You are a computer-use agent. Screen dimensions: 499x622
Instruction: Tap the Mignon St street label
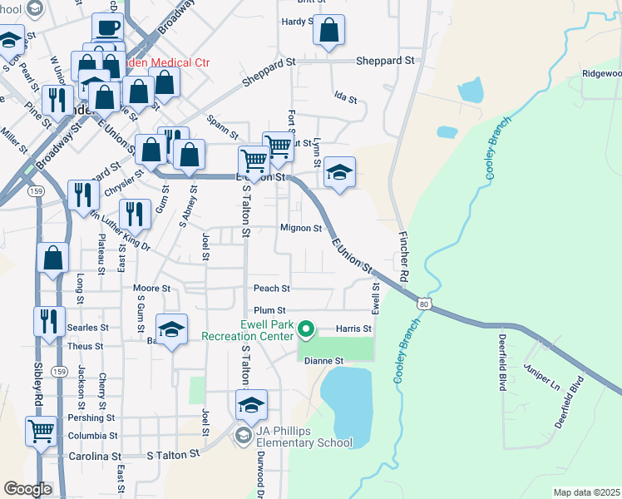(301, 228)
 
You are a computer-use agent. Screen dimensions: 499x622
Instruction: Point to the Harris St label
(353, 329)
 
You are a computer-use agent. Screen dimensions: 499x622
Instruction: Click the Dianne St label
(325, 361)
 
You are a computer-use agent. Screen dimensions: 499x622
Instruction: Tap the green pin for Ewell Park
(306, 331)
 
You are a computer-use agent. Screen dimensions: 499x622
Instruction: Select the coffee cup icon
(106, 28)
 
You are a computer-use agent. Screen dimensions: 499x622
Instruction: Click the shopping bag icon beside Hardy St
(329, 31)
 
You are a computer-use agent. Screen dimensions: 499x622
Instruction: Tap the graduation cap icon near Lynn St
(339, 173)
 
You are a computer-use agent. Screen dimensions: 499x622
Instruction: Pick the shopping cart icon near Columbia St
(41, 431)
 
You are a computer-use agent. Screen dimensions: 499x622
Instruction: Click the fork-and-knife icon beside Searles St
(49, 319)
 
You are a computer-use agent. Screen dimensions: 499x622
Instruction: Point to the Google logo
(28, 489)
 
